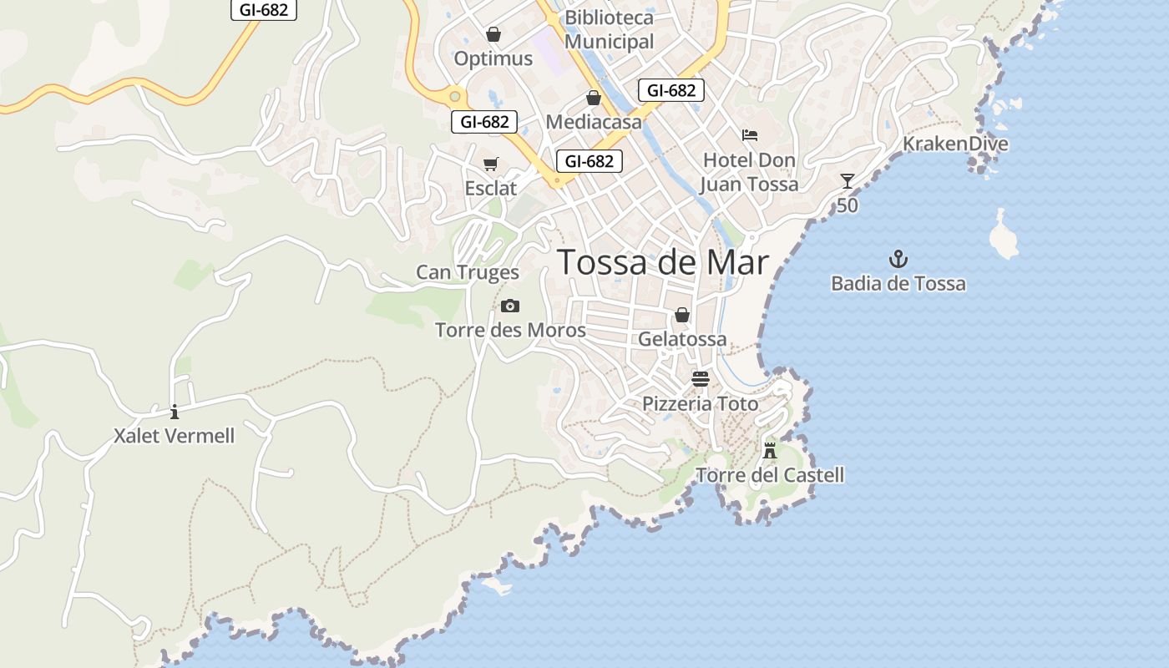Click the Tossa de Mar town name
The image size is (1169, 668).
pyautogui.click(x=662, y=262)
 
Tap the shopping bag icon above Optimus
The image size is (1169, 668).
pyautogui.click(x=493, y=34)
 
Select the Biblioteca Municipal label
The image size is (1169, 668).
pyautogui.click(x=610, y=29)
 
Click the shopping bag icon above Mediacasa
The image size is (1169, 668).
pyautogui.click(x=594, y=98)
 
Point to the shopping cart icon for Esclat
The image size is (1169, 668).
pyautogui.click(x=491, y=164)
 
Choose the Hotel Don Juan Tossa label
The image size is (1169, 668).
pyautogui.click(x=749, y=172)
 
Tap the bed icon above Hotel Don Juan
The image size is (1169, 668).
pyautogui.click(x=750, y=135)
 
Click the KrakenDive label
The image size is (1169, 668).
pyautogui.click(x=955, y=144)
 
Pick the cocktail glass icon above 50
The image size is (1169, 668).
pyautogui.click(x=848, y=181)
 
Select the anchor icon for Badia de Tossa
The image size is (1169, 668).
pyautogui.click(x=898, y=259)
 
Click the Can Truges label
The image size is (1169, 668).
pyautogui.click(x=468, y=272)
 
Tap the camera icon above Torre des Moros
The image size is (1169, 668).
pyautogui.click(x=510, y=306)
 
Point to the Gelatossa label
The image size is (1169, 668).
pyautogui.click(x=682, y=339)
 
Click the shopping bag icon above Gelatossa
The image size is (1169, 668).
pyautogui.click(x=682, y=315)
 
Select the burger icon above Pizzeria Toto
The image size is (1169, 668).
pyautogui.click(x=701, y=380)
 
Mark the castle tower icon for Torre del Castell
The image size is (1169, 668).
pyautogui.click(x=770, y=451)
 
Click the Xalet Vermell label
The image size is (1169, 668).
pyautogui.click(x=175, y=436)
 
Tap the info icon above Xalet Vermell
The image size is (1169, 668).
pyautogui.click(x=175, y=412)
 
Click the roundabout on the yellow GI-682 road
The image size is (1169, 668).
pyautogui.click(x=455, y=96)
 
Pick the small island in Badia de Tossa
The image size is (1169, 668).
pyautogui.click(x=1003, y=235)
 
